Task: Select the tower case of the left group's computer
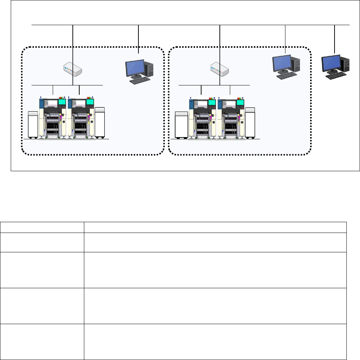click(149, 68)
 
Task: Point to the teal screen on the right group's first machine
click(212, 102)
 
